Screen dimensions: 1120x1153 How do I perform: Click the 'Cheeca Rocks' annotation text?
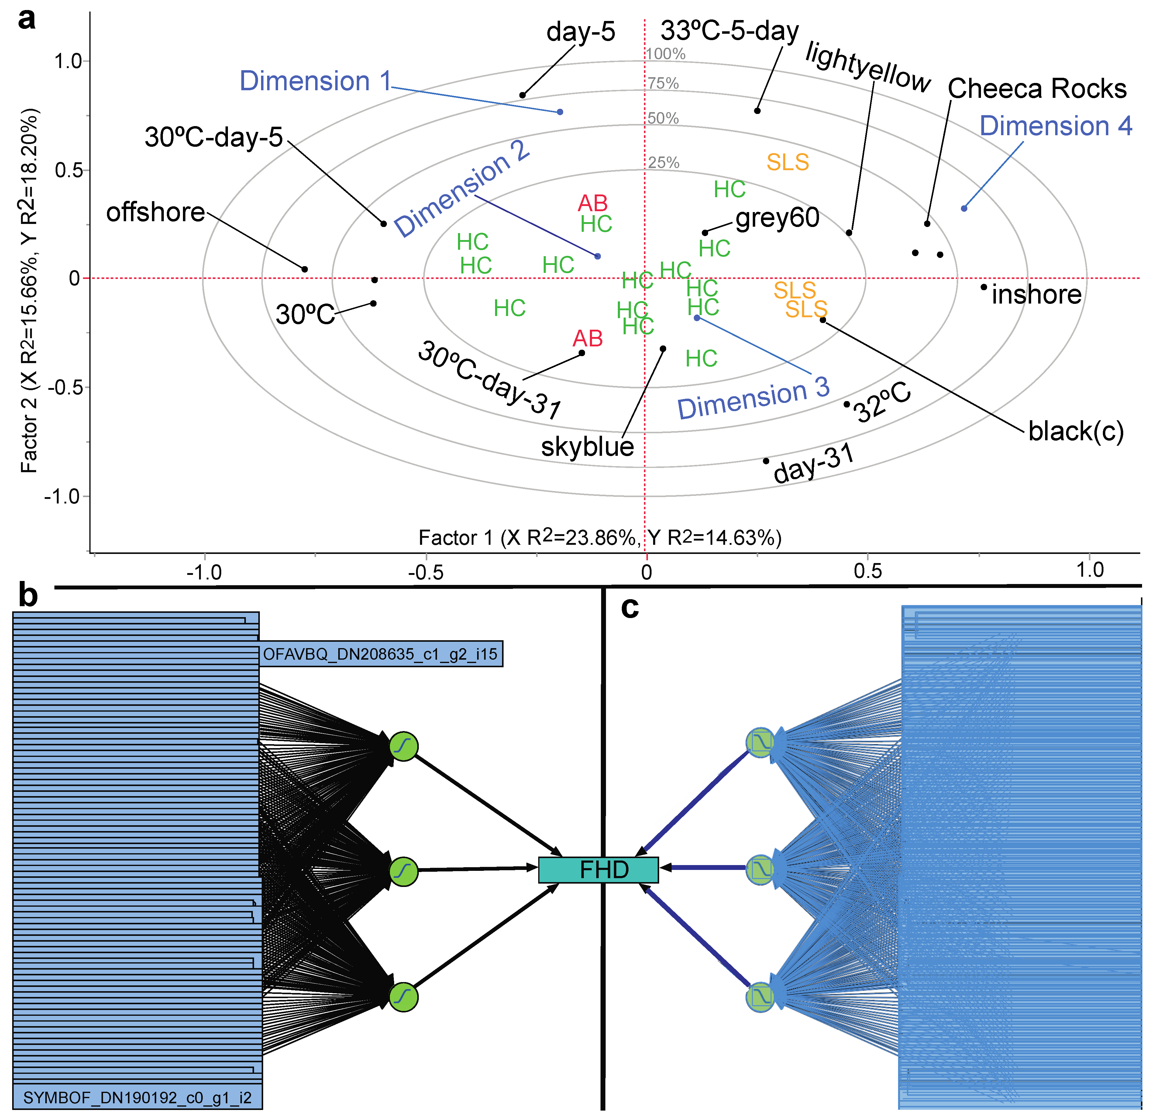[1037, 89]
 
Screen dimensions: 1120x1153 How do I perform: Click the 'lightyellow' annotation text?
[868, 68]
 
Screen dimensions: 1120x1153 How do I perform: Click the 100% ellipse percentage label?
[665, 54]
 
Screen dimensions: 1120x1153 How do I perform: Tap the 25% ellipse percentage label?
[663, 162]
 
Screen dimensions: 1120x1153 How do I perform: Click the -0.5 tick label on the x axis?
[425, 572]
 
